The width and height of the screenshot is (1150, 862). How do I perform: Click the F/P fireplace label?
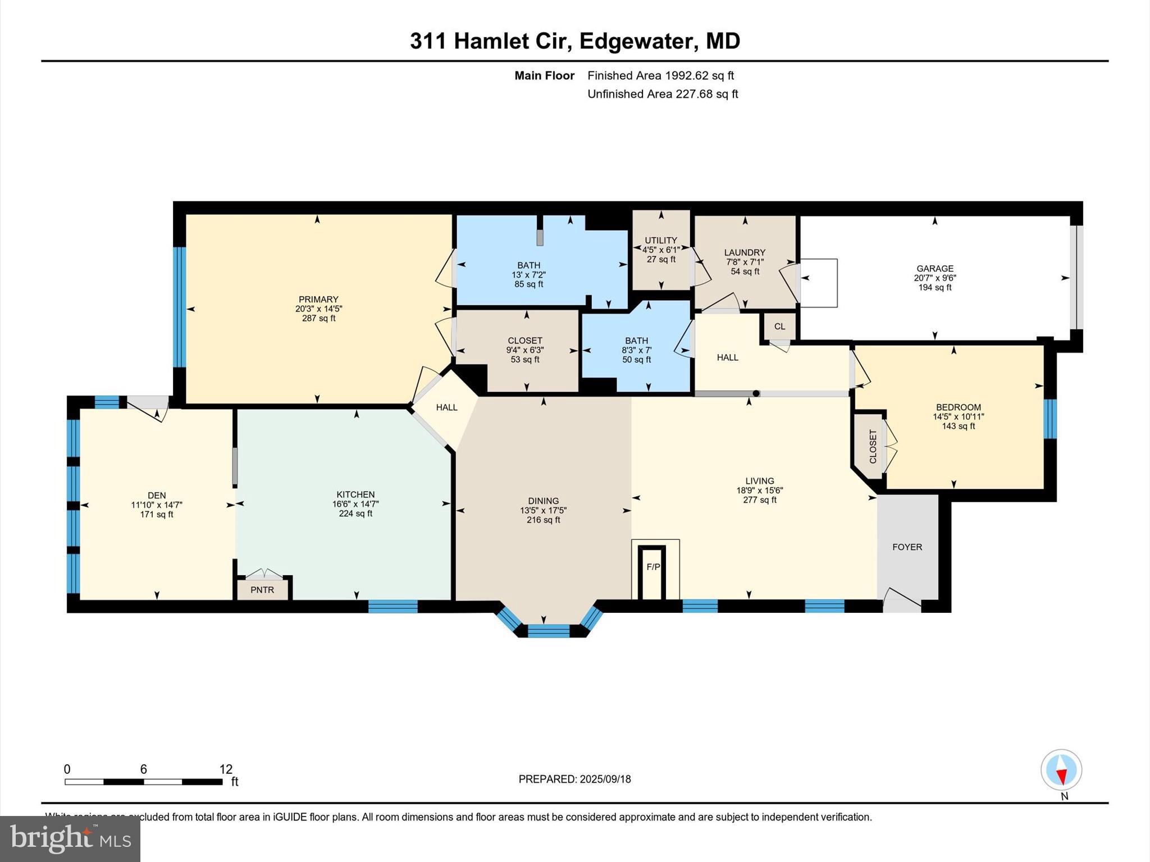(653, 567)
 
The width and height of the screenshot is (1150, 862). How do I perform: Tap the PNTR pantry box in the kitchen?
(262, 590)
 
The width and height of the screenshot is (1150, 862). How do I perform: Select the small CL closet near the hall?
(779, 326)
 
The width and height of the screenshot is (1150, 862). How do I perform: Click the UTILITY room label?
(661, 240)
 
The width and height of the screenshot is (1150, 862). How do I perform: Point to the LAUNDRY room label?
(745, 253)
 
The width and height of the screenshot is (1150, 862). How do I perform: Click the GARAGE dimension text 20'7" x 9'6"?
(934, 278)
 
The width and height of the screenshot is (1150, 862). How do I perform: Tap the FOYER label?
(907, 547)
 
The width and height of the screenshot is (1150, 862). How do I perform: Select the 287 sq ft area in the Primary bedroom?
(318, 318)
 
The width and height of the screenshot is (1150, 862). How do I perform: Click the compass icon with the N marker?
(1061, 770)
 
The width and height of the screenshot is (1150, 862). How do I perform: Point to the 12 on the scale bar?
(226, 769)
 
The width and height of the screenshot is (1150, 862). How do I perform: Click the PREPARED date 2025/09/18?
(605, 779)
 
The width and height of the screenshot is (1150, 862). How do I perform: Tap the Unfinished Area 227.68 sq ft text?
(663, 94)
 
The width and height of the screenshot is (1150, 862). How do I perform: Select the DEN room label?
(157, 495)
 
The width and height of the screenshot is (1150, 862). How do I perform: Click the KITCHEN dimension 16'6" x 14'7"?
(355, 504)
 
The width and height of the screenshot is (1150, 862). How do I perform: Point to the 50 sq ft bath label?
(636, 360)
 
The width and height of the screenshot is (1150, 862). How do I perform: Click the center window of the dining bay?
(549, 631)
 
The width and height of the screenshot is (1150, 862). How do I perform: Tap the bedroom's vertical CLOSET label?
(873, 446)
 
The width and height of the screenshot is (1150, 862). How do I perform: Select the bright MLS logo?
(70, 838)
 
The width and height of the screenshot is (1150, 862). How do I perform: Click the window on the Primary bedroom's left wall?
(179, 306)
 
